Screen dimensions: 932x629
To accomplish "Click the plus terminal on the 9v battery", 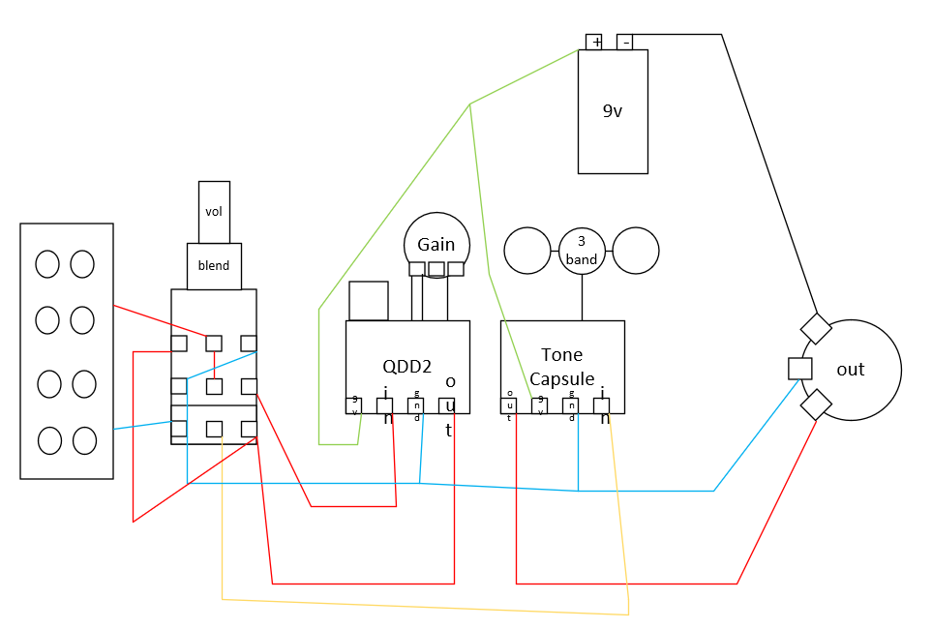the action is point(594,43).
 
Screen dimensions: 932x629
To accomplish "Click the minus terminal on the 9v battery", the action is point(624,43).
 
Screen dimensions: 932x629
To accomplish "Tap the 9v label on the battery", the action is point(613,111).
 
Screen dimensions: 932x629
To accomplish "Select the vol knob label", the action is point(213,212).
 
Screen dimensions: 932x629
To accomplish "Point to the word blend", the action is point(213,266).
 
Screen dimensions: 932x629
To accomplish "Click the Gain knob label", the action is point(436,245).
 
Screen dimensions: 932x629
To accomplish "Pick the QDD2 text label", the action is point(407,366).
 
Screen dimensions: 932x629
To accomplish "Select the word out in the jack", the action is point(851,370).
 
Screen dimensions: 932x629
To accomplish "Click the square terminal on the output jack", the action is point(800,369).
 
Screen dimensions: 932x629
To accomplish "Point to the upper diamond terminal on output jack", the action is point(816,328).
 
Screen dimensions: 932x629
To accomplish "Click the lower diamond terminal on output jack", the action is point(816,404).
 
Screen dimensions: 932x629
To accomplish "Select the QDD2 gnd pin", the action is point(415,406).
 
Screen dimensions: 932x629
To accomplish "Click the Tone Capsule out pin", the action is point(509,406).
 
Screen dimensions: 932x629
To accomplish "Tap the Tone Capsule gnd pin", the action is point(571,406).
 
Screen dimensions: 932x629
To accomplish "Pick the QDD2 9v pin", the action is point(353,406).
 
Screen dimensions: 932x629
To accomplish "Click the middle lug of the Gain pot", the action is point(436,269).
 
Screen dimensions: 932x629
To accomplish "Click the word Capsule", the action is point(561,379).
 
